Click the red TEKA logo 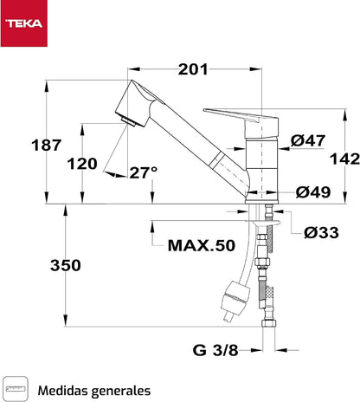[23, 23]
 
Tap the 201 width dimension [193, 69]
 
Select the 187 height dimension [46, 145]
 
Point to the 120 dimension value [82, 164]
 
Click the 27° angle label [144, 172]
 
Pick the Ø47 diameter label [308, 140]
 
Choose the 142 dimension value [344, 159]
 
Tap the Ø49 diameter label [313, 192]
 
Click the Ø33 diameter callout [321, 233]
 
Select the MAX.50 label [202, 246]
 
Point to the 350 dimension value [66, 265]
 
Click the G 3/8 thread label [215, 350]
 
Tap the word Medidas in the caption [62, 391]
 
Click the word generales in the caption [121, 392]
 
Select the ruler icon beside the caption [16, 388]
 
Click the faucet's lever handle [241, 122]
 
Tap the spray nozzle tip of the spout [128, 121]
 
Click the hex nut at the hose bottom [269, 323]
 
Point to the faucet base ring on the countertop [261, 201]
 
